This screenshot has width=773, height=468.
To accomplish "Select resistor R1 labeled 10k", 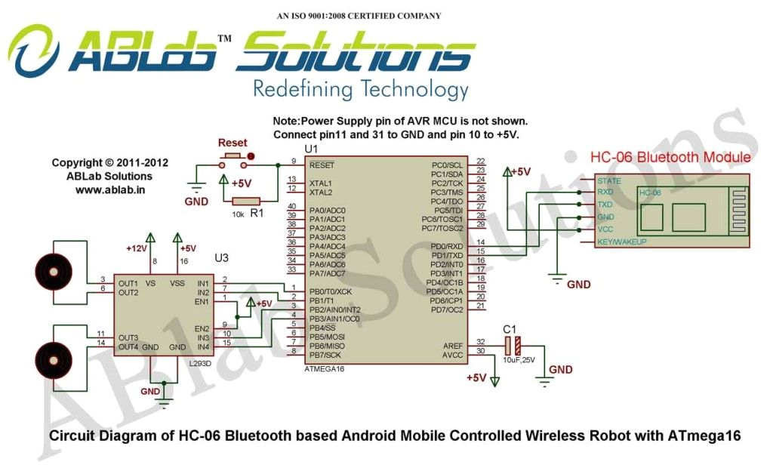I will tap(246, 201).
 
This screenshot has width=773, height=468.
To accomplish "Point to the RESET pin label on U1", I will tap(322, 165).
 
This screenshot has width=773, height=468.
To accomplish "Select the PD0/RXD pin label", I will tap(447, 246).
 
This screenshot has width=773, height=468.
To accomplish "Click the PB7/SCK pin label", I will tap(325, 355).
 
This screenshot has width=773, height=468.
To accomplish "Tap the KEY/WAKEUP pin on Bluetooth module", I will tap(621, 242).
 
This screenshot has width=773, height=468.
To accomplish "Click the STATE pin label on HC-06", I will tap(609, 181).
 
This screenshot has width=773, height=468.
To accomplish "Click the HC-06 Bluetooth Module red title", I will tap(670, 158).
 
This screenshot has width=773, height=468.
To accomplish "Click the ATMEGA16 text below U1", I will tap(325, 370).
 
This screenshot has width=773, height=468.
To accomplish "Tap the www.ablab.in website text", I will tap(110, 189).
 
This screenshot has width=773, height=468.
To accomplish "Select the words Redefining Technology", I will tap(360, 89).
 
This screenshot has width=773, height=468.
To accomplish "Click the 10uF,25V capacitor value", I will tap(519, 360).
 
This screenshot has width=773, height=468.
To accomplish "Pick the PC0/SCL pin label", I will tap(447, 165).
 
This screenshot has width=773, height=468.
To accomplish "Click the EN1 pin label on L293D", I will tap(202, 301).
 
